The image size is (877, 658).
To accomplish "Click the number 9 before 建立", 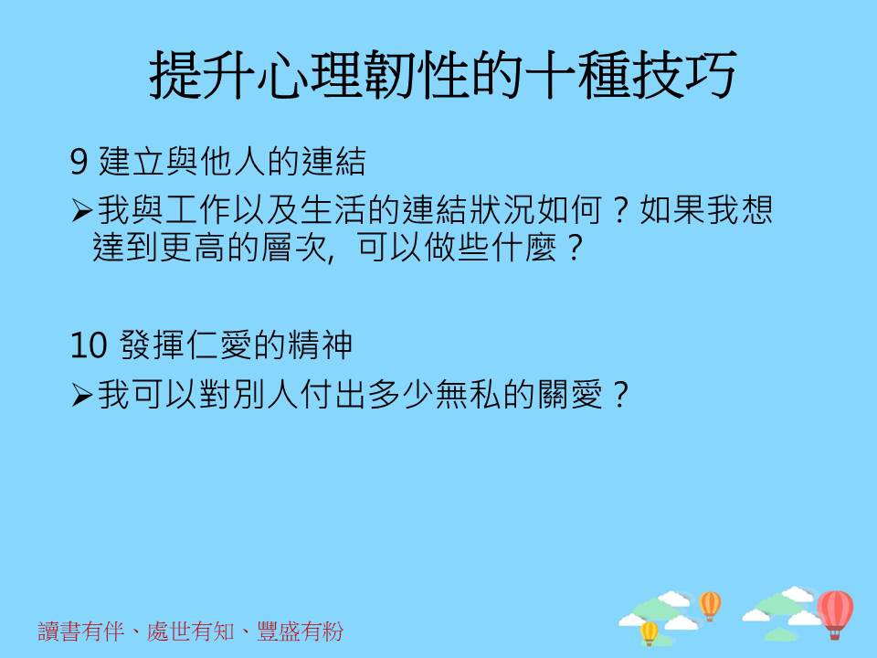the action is coord(79,162).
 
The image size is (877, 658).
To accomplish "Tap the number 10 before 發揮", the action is coord(89,345).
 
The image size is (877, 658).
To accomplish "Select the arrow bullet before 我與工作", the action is coord(81,210).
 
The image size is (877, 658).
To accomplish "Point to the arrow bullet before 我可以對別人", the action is coord(81,395).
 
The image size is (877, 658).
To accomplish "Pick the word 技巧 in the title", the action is coord(683,75).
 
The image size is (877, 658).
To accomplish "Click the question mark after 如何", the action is coord(619,210).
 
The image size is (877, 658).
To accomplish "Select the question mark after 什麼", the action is coord(575,248).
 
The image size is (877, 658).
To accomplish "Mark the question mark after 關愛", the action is coord(620,395).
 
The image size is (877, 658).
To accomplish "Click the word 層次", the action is coord(294,248).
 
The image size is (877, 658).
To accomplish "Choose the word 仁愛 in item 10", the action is coord(219,345).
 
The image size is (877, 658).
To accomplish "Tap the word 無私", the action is coord(469,395).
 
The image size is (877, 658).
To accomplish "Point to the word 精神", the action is coord(320,345).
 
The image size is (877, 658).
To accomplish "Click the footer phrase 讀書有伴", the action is coord(81,631).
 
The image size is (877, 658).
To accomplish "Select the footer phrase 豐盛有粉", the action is coord(301,631).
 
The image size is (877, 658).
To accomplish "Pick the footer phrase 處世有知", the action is coord(191,631).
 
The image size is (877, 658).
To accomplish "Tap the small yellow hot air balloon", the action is coord(649,633).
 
